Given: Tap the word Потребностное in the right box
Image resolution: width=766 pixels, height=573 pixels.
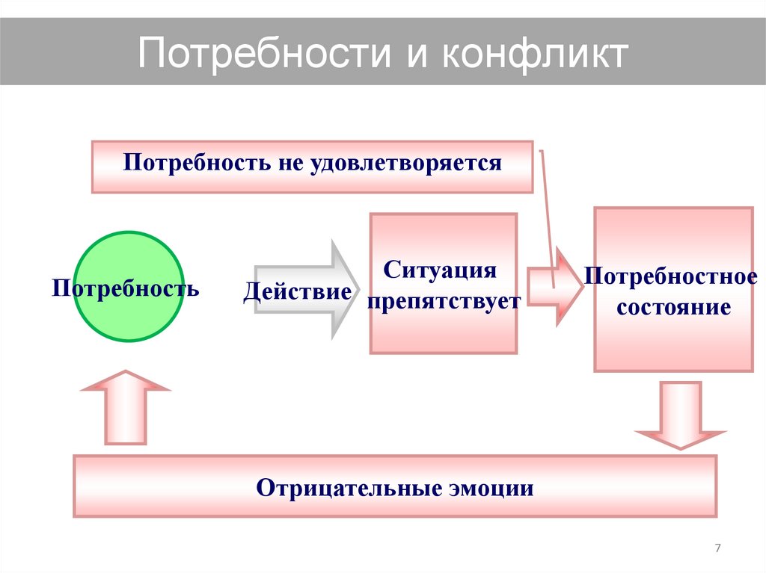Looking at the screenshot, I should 670,276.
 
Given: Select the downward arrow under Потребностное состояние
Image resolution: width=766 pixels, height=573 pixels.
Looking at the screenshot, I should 679,415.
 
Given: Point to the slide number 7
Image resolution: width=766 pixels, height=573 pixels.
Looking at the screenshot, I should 719,549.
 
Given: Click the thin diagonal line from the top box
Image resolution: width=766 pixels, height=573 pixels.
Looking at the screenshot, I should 547,217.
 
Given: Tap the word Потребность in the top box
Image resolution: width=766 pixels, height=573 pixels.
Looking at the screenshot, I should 193,163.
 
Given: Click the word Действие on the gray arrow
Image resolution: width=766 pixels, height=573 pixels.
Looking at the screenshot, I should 297,291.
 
